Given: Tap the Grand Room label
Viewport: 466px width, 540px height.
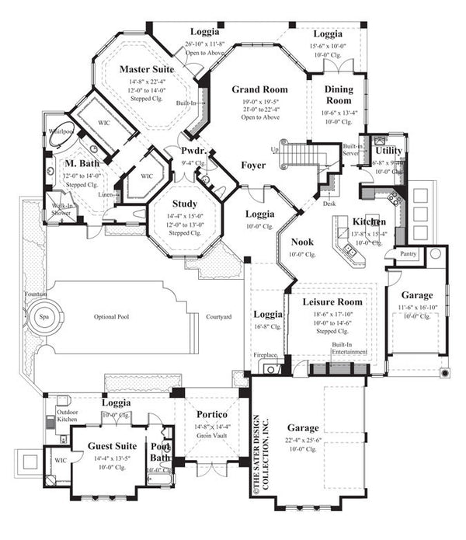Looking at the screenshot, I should click(x=259, y=90).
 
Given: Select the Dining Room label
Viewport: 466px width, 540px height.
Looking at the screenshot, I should click(x=339, y=95).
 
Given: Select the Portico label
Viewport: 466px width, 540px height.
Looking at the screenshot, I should click(x=211, y=413).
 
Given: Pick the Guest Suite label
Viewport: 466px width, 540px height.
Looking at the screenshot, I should click(x=113, y=446).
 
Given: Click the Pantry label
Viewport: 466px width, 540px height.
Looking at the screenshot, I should click(x=407, y=254).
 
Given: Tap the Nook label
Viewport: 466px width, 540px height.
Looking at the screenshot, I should click(x=302, y=242).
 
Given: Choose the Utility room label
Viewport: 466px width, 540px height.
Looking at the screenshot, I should click(x=388, y=150).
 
